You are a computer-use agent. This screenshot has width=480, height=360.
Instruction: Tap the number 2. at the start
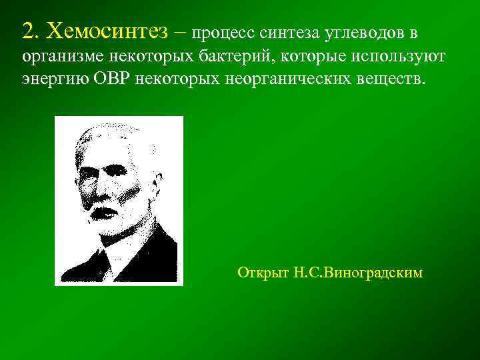[x=31, y=30]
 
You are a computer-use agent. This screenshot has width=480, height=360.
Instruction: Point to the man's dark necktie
[x=103, y=263]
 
